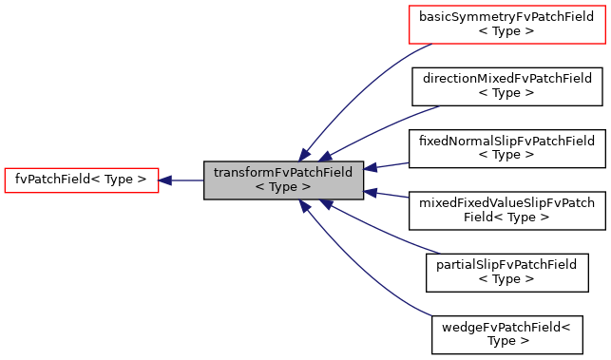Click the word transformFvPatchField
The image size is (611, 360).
[x=283, y=173]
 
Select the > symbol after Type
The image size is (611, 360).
[x=306, y=188]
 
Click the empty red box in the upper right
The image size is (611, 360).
[x=506, y=25]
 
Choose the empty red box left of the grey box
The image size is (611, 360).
[x=82, y=180]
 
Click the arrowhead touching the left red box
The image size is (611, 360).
[x=165, y=180]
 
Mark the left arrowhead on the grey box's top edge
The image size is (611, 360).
[x=304, y=155]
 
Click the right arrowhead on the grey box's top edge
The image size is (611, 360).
[x=326, y=156]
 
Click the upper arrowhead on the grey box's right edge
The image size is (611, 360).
[x=371, y=168]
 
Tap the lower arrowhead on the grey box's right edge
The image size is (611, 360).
[x=371, y=193]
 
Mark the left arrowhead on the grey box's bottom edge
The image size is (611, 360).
[x=304, y=205]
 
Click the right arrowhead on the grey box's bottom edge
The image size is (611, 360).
[x=326, y=204]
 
